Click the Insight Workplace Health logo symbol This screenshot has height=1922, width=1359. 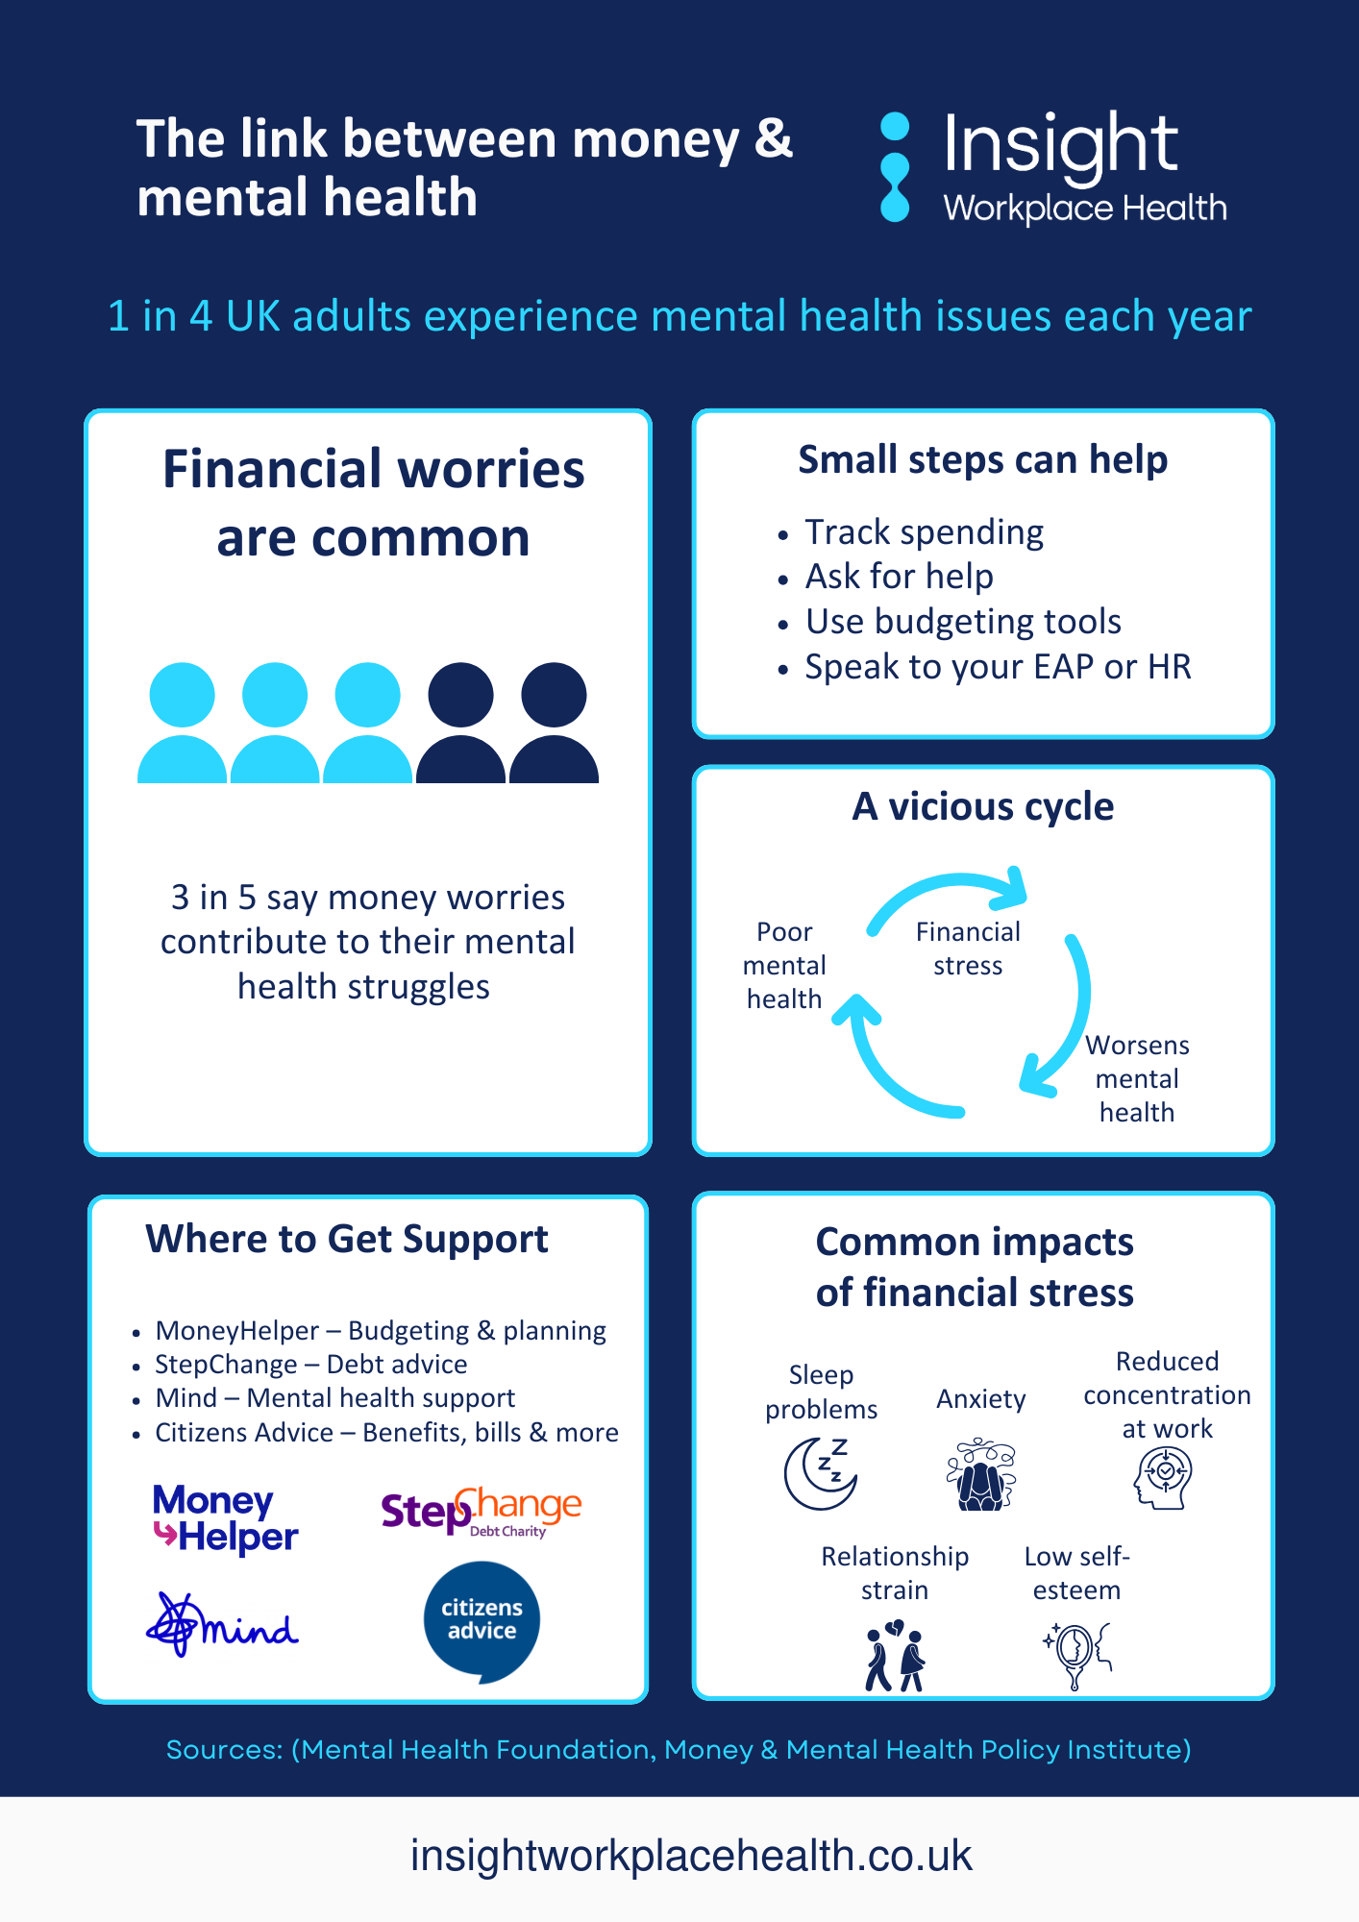tap(895, 167)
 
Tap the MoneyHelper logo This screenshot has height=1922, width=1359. tap(225, 1518)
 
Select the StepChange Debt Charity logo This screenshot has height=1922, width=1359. tap(481, 1511)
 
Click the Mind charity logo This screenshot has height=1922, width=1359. tap(222, 1625)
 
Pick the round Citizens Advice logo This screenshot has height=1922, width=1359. tap(482, 1620)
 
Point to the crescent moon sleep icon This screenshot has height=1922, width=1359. tap(820, 1473)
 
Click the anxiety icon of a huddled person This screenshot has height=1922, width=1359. tap(980, 1475)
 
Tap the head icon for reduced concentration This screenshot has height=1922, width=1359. tap(1164, 1477)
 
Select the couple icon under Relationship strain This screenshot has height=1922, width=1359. tap(895, 1655)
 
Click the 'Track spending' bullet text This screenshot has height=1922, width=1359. tap(924, 532)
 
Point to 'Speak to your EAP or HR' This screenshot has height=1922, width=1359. tap(998, 667)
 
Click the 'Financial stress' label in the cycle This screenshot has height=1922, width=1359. tap(968, 949)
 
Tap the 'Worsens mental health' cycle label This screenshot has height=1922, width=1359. tap(1137, 1078)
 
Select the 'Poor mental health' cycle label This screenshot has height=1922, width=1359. tap(784, 965)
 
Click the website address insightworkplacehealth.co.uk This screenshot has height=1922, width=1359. tap(691, 1856)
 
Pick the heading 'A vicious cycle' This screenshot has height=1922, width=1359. tap(982, 806)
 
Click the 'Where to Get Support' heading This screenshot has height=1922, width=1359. tap(347, 1239)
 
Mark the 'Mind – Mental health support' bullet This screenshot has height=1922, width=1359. tap(335, 1398)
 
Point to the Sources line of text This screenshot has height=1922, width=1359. tap(679, 1750)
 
